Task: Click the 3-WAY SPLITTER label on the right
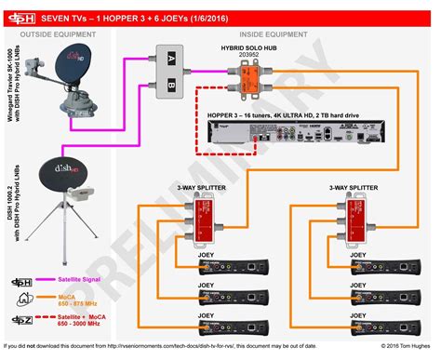353,186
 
